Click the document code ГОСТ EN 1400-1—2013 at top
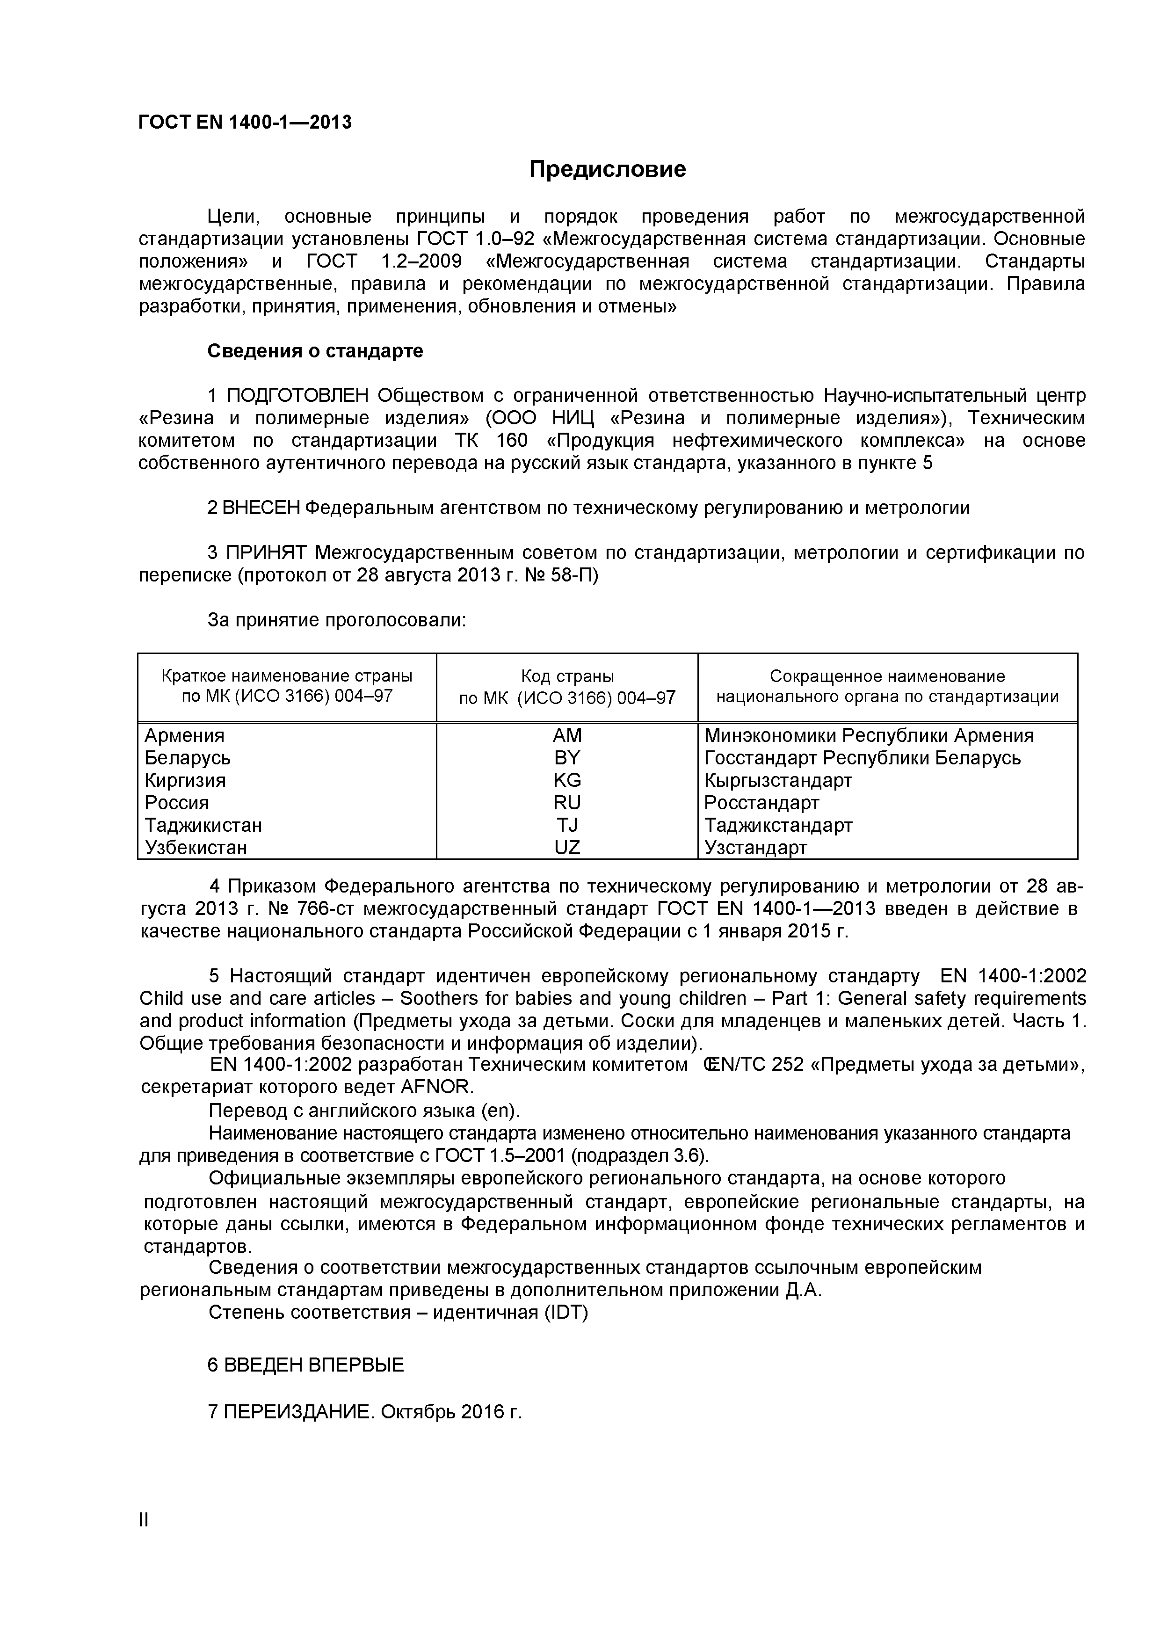coord(245,122)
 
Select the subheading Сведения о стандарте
coord(315,351)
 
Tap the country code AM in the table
coord(567,735)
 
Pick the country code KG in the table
coord(567,780)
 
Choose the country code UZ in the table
coord(567,848)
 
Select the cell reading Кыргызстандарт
coord(778,780)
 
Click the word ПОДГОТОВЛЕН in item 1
coord(298,395)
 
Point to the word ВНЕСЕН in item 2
coord(261,508)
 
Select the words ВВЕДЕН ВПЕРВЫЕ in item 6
coord(314,1365)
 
